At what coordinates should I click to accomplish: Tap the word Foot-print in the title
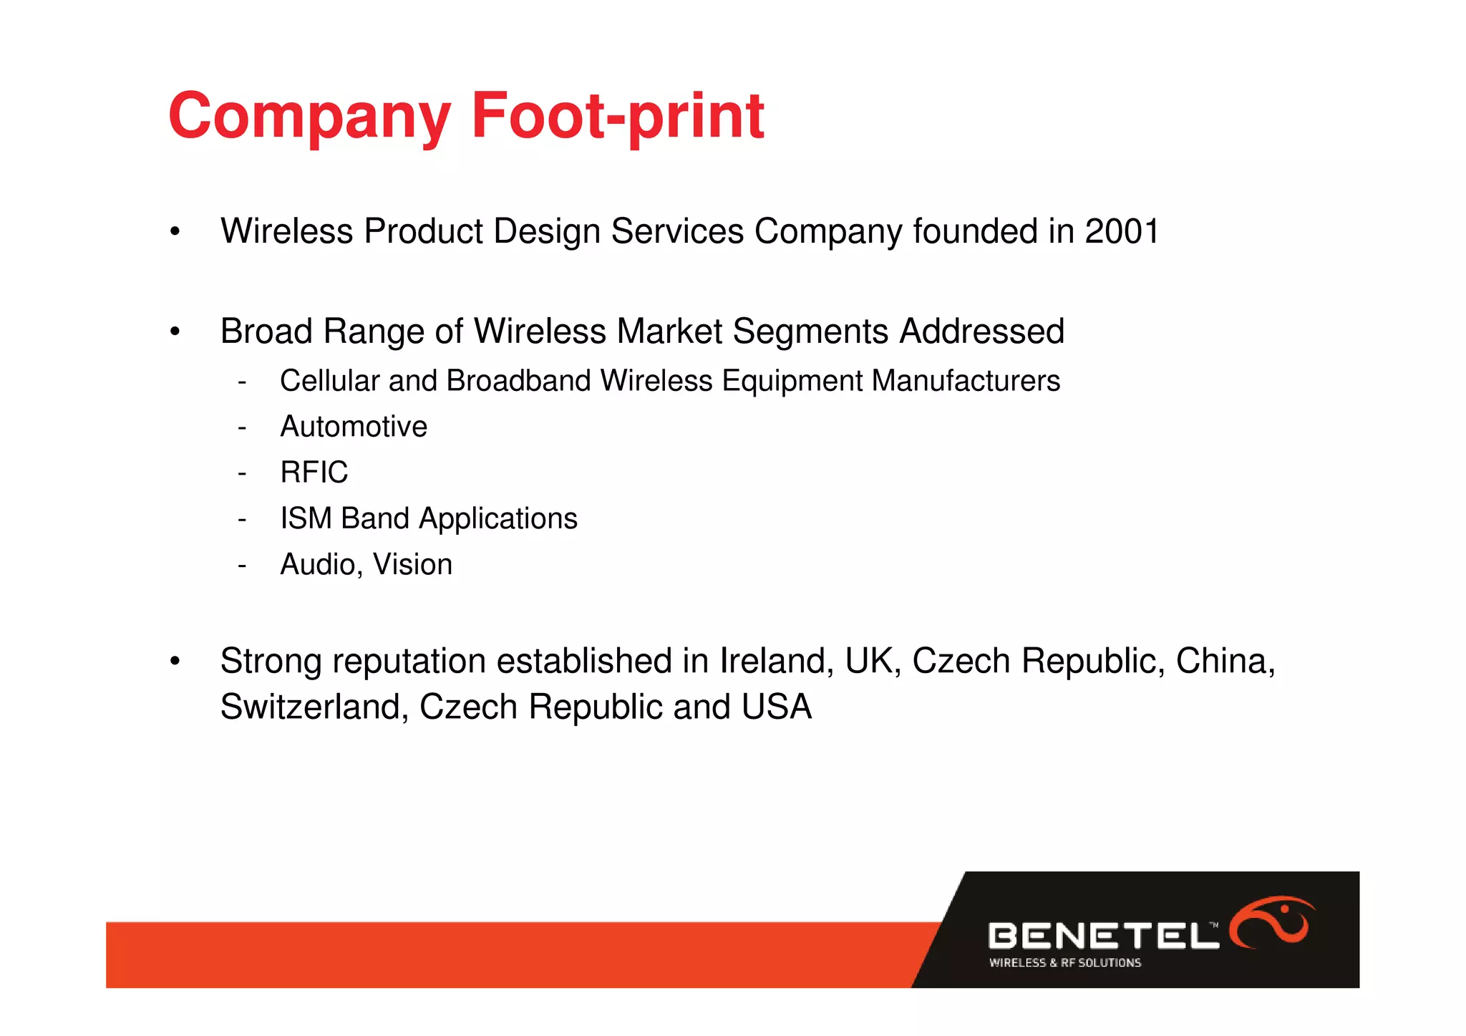tap(617, 116)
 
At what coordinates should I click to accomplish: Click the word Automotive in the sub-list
tap(354, 427)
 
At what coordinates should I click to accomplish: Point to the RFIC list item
tap(314, 473)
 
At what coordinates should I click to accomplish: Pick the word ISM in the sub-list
tap(306, 518)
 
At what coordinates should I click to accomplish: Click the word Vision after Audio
tap(412, 565)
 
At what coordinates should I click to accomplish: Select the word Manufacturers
tap(966, 381)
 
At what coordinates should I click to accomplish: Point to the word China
tap(1225, 661)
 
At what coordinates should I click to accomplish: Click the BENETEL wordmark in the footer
tap(1102, 936)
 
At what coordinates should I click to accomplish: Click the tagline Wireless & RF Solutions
tap(1064, 963)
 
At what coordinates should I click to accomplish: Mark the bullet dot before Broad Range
tap(175, 332)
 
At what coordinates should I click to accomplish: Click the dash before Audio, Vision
tap(242, 566)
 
